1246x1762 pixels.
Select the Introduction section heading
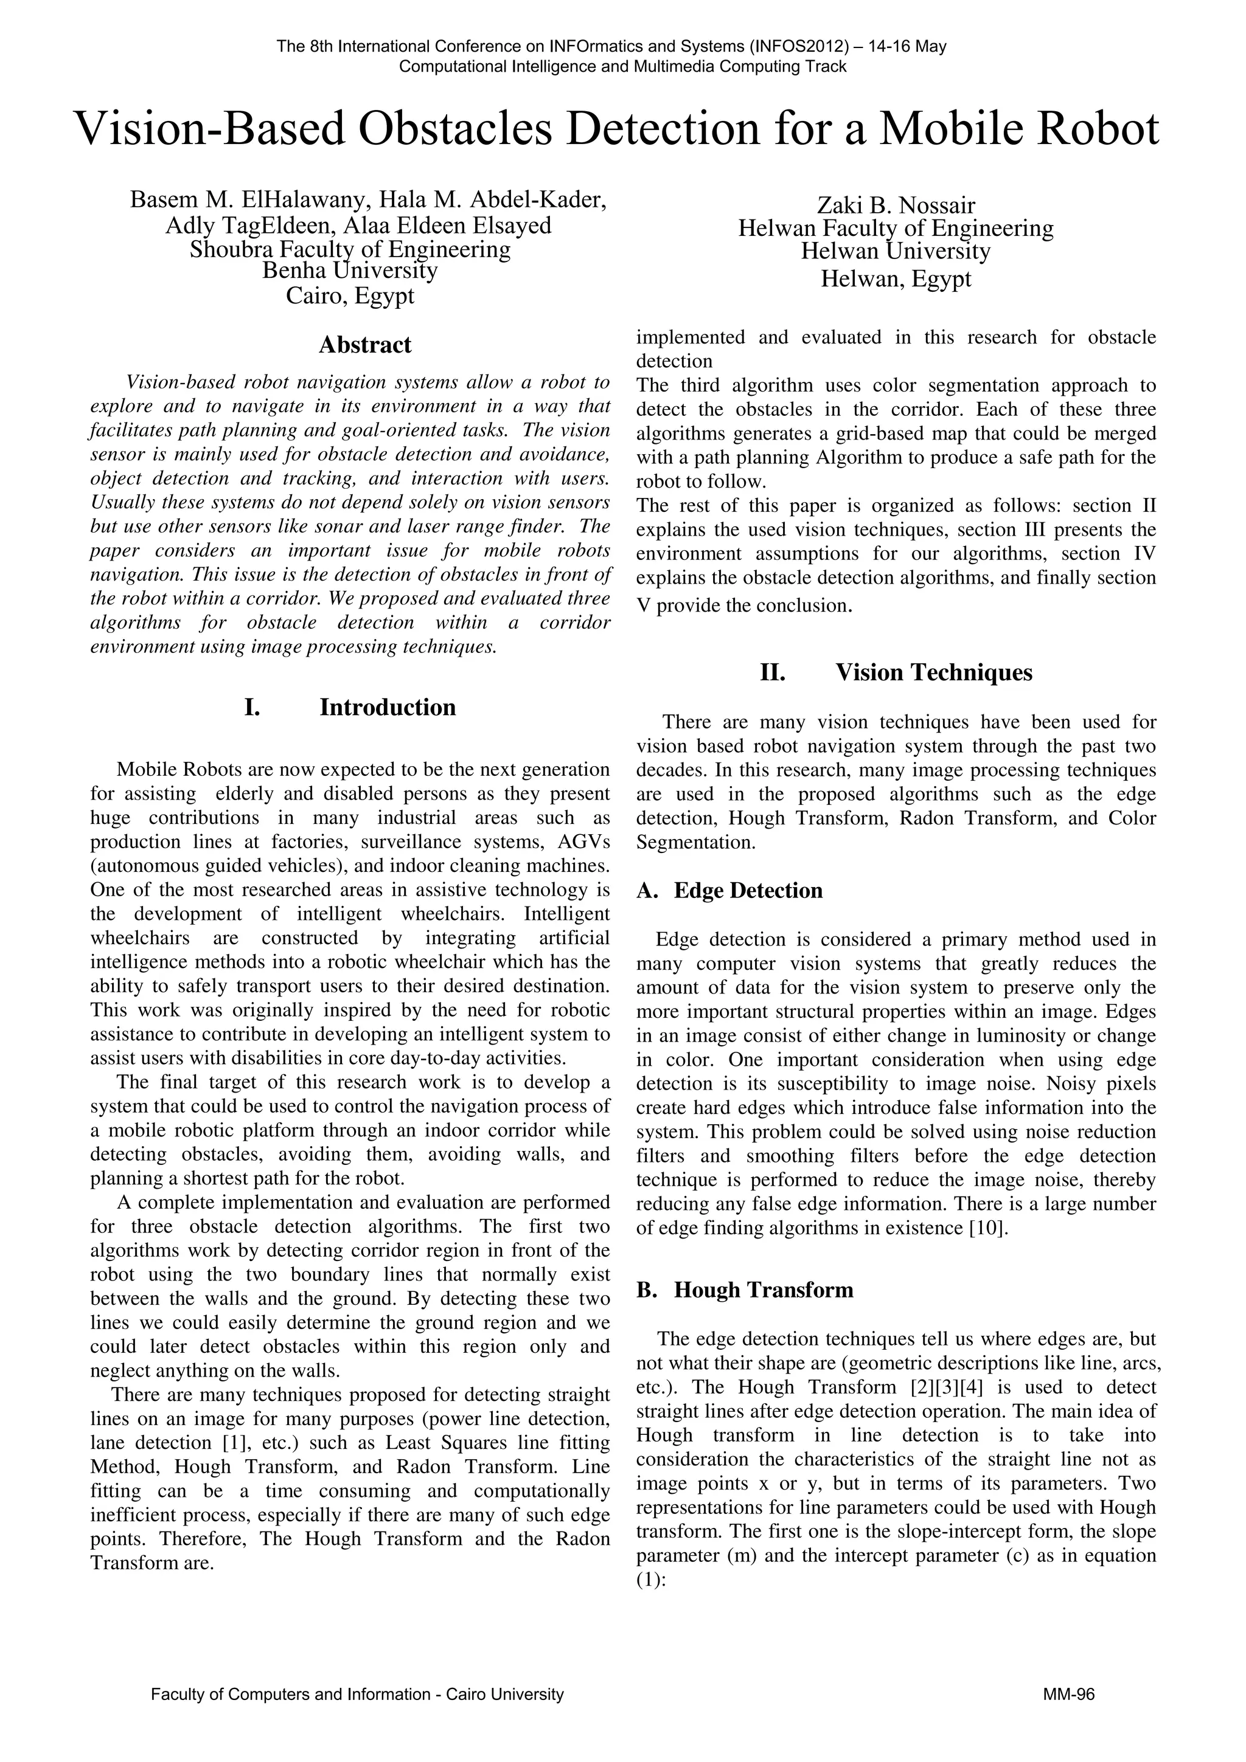[x=387, y=707]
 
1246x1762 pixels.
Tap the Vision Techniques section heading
[x=933, y=672]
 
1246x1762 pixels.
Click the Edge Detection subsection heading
[x=748, y=890]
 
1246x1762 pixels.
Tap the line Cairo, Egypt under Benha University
[x=350, y=295]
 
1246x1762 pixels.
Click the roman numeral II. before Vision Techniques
[x=772, y=672]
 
